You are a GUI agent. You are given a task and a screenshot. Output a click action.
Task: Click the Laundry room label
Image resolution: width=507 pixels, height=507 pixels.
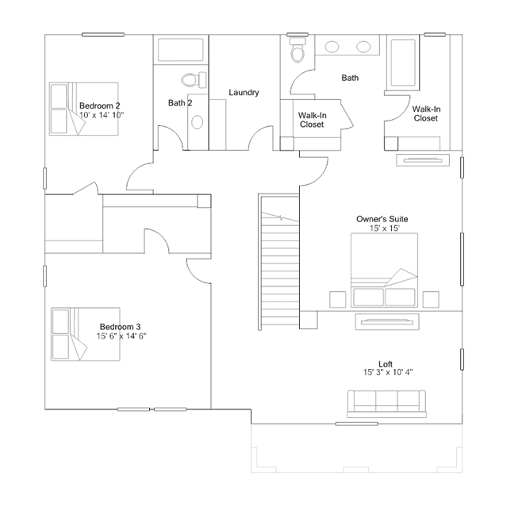point(244,93)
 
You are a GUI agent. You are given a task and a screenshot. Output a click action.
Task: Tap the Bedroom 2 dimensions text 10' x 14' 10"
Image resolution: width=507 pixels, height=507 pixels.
point(102,115)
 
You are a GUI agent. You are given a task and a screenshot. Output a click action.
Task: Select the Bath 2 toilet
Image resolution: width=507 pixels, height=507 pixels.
point(194,79)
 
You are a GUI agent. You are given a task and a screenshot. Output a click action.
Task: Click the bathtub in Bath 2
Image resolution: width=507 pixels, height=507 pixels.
point(180,50)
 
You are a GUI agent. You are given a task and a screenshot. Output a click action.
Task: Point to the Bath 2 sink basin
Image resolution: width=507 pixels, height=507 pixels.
point(198,122)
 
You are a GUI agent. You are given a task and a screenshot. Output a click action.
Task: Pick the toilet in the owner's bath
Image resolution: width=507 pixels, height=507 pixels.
point(298,50)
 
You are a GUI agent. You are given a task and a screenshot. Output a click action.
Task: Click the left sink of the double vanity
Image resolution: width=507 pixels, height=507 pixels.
point(332,47)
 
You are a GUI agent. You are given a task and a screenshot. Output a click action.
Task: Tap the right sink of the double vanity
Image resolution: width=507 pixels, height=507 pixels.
point(363,47)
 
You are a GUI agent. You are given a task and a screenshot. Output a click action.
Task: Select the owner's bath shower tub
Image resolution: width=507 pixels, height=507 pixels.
point(403,63)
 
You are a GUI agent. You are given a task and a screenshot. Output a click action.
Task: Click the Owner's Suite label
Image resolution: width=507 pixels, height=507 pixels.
point(382,219)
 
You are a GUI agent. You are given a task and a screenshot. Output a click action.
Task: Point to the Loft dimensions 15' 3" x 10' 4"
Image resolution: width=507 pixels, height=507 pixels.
point(388,372)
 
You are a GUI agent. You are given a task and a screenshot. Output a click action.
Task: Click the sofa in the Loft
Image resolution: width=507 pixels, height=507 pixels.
point(386,404)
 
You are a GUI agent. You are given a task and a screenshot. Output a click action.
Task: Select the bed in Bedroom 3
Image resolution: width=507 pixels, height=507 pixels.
point(86,334)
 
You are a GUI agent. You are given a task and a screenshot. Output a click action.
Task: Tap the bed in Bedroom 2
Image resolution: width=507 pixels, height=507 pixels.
point(84,109)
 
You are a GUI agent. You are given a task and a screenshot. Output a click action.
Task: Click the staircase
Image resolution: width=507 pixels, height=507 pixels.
point(278,263)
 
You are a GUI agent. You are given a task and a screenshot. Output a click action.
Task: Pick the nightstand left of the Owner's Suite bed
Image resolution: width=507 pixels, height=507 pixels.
point(337,299)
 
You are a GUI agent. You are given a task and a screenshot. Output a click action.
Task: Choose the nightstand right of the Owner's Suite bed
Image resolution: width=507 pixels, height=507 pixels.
point(431,299)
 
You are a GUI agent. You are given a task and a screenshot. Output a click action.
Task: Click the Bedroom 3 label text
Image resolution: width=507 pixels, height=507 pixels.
point(120,327)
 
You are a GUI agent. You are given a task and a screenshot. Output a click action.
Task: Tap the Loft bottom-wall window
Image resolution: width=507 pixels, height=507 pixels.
point(356,424)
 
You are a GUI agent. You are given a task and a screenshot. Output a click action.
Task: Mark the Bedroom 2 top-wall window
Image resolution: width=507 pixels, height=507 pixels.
point(103,34)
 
